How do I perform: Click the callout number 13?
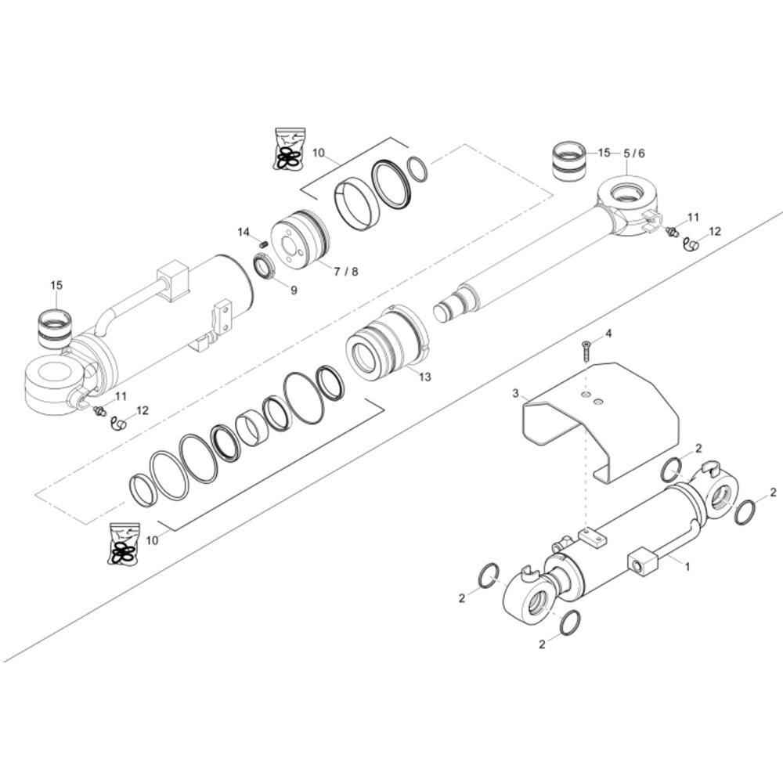click(x=425, y=377)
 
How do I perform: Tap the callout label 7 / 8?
click(x=345, y=271)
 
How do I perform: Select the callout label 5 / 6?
click(x=634, y=153)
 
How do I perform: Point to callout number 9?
click(x=294, y=290)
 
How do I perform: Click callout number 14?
click(x=243, y=232)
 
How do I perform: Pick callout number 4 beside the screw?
click(x=608, y=334)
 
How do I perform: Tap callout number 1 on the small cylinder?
click(x=687, y=565)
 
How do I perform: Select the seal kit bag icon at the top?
click(x=287, y=149)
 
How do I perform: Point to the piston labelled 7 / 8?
click(x=298, y=237)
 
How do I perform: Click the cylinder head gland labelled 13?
click(x=385, y=345)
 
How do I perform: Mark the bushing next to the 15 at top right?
click(x=569, y=161)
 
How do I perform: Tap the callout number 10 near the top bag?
click(x=318, y=153)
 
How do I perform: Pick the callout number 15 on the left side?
click(x=56, y=285)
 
